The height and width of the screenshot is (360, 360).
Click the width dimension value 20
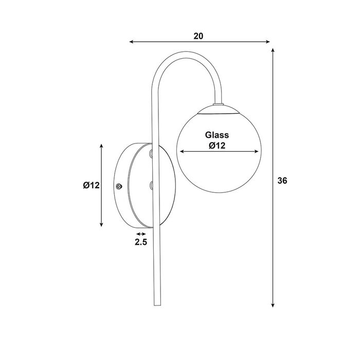tap(199, 36)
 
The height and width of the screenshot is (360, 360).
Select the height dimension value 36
tap(282, 181)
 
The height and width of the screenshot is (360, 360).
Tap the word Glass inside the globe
tap(217, 135)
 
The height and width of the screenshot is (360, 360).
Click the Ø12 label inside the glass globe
tap(217, 146)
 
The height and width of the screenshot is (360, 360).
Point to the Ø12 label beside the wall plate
tap(92, 185)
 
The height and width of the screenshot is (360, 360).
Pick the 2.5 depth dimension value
tap(141, 242)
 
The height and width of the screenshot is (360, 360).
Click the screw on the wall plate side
tap(119, 187)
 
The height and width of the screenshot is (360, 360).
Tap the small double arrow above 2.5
tap(141, 234)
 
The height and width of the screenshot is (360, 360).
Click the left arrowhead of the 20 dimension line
tap(131, 42)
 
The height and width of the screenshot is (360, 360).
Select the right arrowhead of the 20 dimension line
tap(267, 42)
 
